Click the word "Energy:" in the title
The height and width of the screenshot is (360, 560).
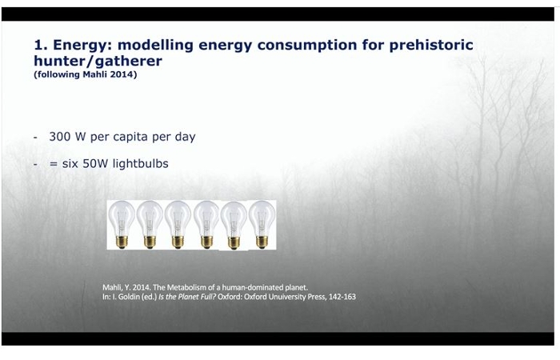82,46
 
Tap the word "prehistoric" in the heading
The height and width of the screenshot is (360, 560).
431,46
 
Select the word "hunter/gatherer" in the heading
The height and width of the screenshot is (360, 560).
98,61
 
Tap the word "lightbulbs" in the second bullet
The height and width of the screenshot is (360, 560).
140,164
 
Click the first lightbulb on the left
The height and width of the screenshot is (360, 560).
122,224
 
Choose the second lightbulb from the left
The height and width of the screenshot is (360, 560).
150,224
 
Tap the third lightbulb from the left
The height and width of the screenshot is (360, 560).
178,224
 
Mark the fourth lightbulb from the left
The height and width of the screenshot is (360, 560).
206,224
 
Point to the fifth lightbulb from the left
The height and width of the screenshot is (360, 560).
234,226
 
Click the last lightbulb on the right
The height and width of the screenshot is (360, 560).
262,224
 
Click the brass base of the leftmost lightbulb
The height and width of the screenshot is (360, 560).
122,242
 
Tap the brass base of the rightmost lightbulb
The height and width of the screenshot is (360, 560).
262,242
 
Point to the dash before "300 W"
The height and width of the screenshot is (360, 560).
35,138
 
